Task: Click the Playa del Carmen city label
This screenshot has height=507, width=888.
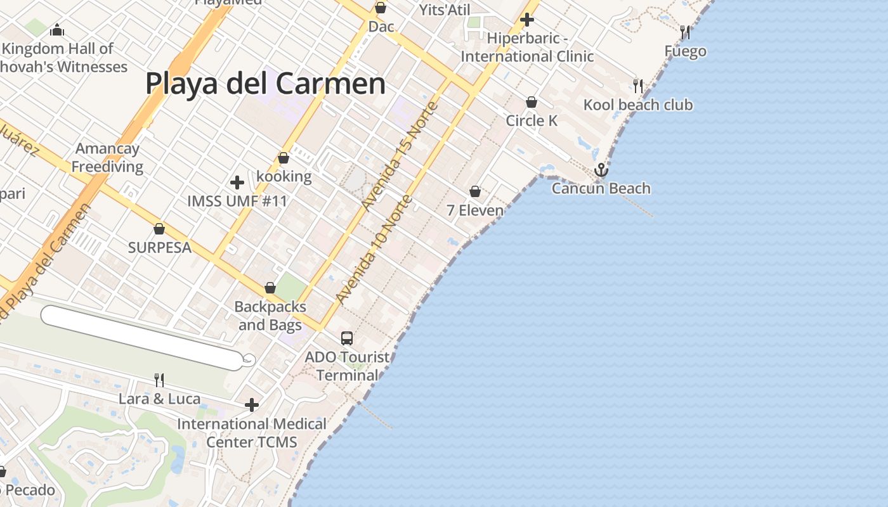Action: coord(265,84)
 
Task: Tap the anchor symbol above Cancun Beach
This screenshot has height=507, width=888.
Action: coord(601,170)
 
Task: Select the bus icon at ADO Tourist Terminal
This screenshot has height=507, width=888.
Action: coord(346,338)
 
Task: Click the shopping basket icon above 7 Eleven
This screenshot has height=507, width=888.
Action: coord(475,191)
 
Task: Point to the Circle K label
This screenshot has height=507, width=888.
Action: coord(532,120)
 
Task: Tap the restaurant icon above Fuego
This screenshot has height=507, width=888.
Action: coord(685,32)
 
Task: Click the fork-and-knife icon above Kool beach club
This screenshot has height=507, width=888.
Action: coord(638,86)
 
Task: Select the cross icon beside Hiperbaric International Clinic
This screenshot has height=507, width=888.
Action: coord(526,20)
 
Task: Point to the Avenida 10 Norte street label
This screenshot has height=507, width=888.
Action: coord(374,250)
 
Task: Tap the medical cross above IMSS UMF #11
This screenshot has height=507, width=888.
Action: coord(237,183)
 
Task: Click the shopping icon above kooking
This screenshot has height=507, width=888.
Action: coord(284,158)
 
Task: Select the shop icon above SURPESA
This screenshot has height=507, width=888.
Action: coord(159,229)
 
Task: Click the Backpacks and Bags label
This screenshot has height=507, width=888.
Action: coord(270,316)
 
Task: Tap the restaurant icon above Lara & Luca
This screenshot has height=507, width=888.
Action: coord(159,380)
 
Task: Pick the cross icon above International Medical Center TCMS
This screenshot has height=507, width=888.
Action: coord(252,404)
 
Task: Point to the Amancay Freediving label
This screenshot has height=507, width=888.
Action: coord(107,158)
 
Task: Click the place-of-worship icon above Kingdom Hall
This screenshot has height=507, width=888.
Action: coord(57,30)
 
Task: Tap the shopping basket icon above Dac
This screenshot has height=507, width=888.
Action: coord(381,8)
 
